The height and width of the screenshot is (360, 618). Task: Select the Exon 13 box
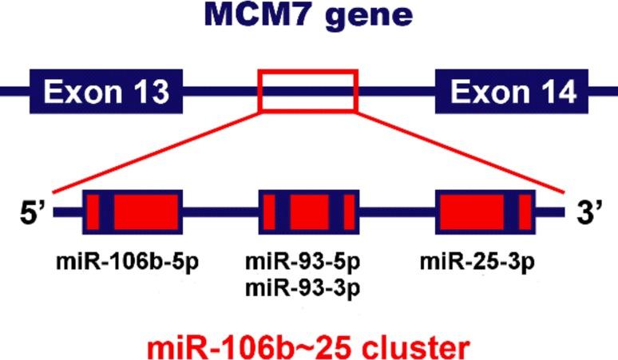[x=107, y=92]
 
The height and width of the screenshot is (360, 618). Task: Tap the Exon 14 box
[x=514, y=92]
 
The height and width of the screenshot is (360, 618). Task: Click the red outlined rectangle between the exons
[x=307, y=90]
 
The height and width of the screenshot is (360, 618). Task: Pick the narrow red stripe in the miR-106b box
[x=92, y=212]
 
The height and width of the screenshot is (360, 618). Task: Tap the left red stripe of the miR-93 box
[x=269, y=212]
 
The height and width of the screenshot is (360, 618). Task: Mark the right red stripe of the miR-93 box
[x=349, y=212]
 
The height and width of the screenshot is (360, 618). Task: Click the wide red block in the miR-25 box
[x=472, y=212]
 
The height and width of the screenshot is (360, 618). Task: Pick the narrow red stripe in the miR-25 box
[x=525, y=212]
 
